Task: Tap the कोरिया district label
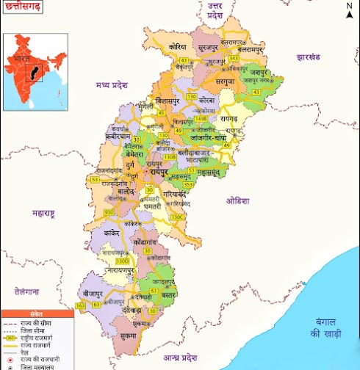(176, 46)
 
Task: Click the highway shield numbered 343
(234, 58)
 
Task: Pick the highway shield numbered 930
(109, 212)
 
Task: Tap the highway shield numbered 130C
(177, 217)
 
